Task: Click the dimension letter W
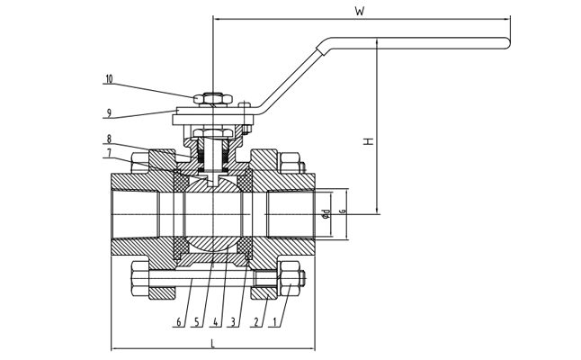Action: (359, 12)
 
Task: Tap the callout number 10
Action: (109, 79)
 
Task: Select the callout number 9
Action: (109, 112)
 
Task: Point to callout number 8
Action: (109, 139)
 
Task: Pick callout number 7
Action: (109, 153)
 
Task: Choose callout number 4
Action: (215, 322)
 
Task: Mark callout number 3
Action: (234, 322)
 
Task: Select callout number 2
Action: (256, 322)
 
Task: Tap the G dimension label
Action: (343, 213)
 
